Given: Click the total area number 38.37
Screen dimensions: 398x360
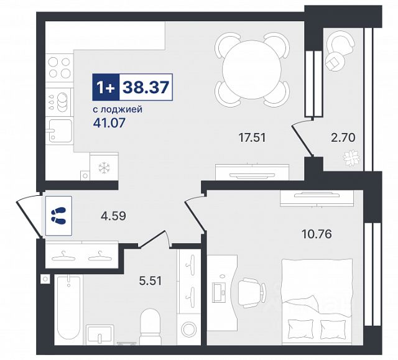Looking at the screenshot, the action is click(x=146, y=87).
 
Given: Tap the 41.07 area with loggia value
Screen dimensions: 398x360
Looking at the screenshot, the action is click(x=109, y=123).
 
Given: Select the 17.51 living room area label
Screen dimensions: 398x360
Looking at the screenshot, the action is click(x=252, y=138).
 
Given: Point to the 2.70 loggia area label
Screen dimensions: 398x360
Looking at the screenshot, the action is click(x=343, y=138).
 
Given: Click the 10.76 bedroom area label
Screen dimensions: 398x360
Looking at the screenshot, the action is click(x=317, y=234).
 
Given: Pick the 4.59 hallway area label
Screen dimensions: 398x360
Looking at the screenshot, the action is click(x=113, y=216).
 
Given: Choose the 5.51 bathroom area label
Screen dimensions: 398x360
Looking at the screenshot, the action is click(x=150, y=281).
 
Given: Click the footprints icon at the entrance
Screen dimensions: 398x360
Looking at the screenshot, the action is click(x=58, y=216).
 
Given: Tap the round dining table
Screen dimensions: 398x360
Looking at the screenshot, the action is click(x=252, y=69).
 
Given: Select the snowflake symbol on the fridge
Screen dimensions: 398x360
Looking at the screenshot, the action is click(x=104, y=168).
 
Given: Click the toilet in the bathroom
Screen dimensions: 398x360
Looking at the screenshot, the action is click(x=150, y=326).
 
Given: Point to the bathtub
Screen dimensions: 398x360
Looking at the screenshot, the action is click(x=68, y=309).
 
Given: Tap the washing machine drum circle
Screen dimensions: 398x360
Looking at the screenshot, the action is click(x=190, y=329).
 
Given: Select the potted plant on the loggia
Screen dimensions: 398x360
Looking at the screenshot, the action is click(x=351, y=159).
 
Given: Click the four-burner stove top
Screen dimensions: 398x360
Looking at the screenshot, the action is click(x=60, y=67).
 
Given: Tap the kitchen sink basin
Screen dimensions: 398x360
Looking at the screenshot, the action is click(x=60, y=131).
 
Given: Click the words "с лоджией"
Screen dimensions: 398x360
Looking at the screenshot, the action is click(x=118, y=109).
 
